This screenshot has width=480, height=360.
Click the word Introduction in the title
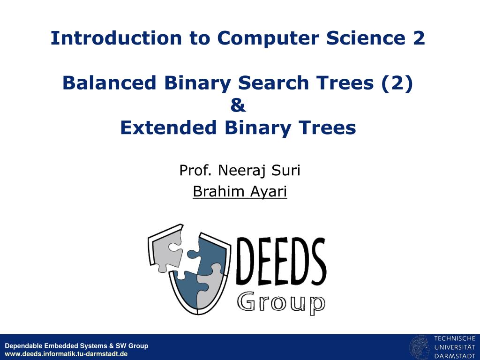click(116, 38)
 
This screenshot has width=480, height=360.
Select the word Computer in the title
click(268, 38)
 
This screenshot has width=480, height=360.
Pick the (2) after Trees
click(397, 83)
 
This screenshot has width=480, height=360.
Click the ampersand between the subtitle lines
click(238, 105)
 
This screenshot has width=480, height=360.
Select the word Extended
click(168, 127)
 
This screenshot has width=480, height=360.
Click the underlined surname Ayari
click(269, 192)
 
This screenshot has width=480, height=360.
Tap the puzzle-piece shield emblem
click(189, 269)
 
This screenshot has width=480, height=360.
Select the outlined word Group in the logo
click(281, 303)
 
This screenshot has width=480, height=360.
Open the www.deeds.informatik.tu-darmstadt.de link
click(66, 354)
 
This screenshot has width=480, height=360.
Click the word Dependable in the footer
click(23, 346)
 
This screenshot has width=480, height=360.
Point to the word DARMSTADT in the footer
click(455, 356)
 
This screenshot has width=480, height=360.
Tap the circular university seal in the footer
click(420, 348)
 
